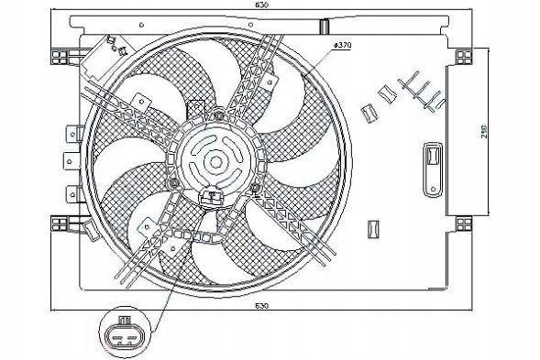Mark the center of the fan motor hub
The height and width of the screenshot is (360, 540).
(215, 161)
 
